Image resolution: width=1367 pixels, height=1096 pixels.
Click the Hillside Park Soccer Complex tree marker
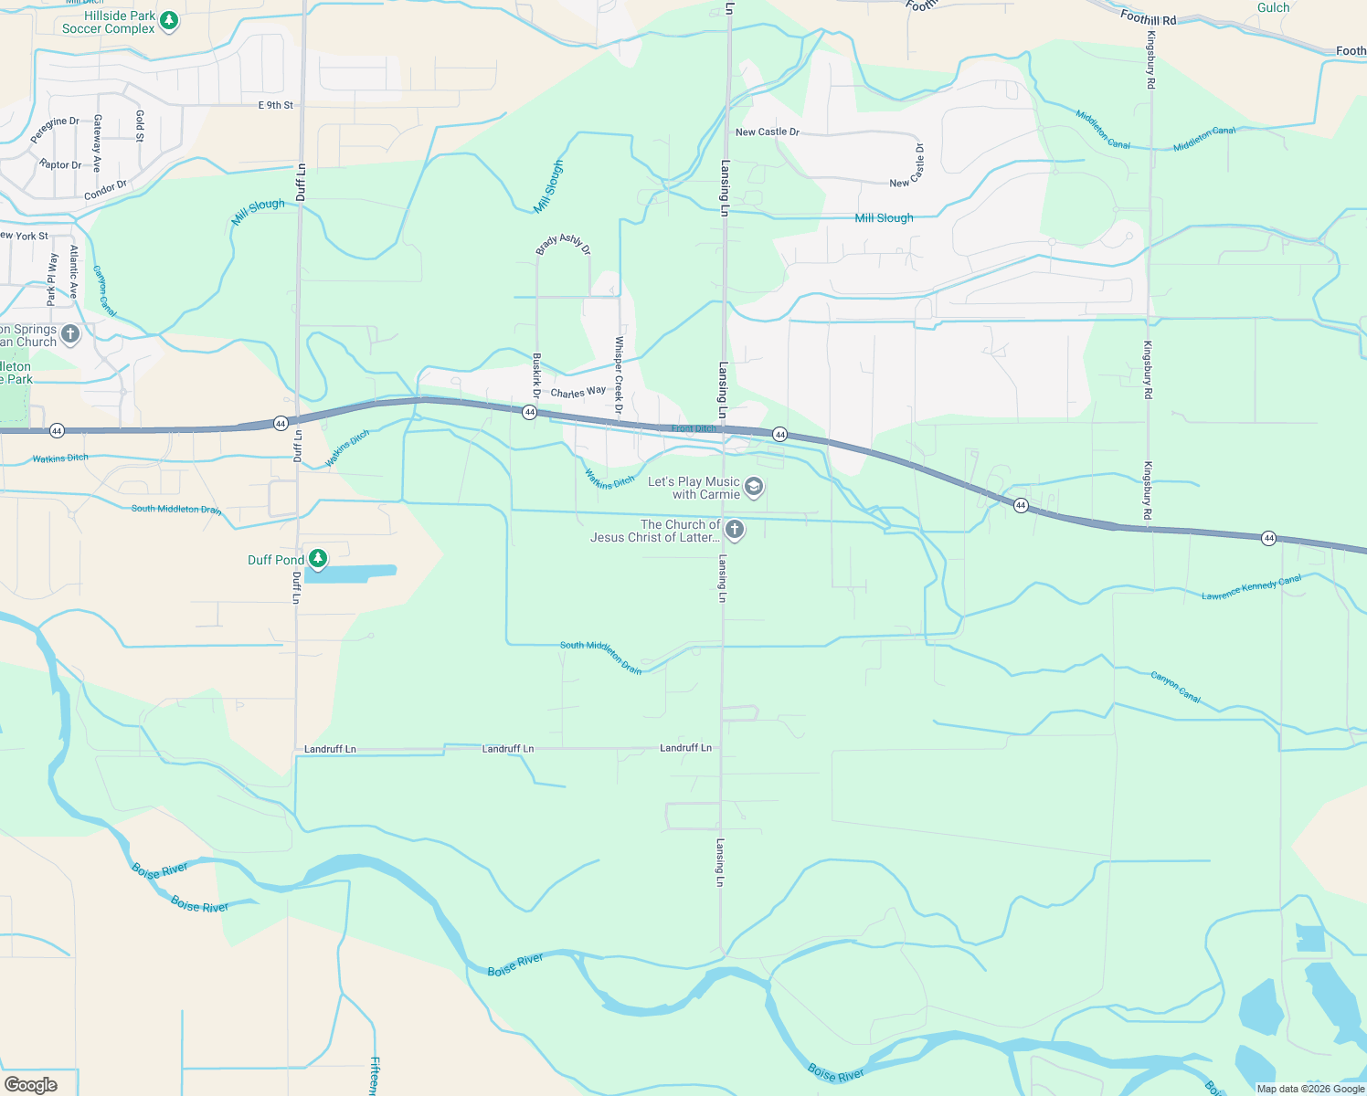click(168, 21)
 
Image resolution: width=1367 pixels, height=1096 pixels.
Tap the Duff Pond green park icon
click(317, 558)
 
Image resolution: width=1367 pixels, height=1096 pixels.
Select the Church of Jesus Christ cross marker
click(734, 529)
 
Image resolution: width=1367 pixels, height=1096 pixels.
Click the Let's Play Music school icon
click(753, 487)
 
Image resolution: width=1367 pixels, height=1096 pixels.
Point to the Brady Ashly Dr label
click(564, 244)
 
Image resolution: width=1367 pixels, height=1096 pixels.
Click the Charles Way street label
click(578, 392)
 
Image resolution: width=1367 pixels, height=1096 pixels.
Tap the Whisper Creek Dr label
click(619, 374)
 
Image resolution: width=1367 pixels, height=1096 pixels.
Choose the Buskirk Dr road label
click(536, 375)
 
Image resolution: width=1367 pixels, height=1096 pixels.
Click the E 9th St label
click(275, 105)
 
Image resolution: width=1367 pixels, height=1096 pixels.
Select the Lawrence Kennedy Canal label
click(1251, 587)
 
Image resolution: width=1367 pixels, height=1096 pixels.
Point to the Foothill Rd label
click(1148, 17)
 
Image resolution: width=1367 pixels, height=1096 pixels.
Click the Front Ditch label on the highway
click(694, 428)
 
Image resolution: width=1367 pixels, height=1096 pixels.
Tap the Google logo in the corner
click(31, 1084)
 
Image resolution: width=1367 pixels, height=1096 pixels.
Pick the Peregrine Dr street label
click(54, 129)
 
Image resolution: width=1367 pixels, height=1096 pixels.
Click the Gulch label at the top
click(1273, 8)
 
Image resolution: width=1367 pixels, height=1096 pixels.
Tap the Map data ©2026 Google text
click(1310, 1089)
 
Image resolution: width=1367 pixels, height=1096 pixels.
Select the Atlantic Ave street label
click(74, 272)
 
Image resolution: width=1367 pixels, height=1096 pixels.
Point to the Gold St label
click(140, 126)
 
